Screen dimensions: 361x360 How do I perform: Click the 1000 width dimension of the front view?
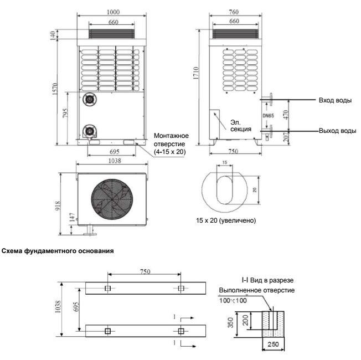pos(113,12)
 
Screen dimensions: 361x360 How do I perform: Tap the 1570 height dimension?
pos(55,89)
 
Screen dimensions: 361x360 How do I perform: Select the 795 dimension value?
pos(65,113)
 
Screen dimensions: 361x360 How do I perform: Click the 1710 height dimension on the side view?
pos(196,73)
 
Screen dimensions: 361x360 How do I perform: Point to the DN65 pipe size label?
pos(268,115)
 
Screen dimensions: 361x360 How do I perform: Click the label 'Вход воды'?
pos(335,100)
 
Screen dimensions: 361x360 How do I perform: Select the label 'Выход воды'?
pos(337,131)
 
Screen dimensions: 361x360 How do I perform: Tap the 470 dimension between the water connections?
pos(286,115)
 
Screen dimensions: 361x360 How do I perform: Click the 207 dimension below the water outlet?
pos(286,137)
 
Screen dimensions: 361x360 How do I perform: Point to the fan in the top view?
pos(112,199)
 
